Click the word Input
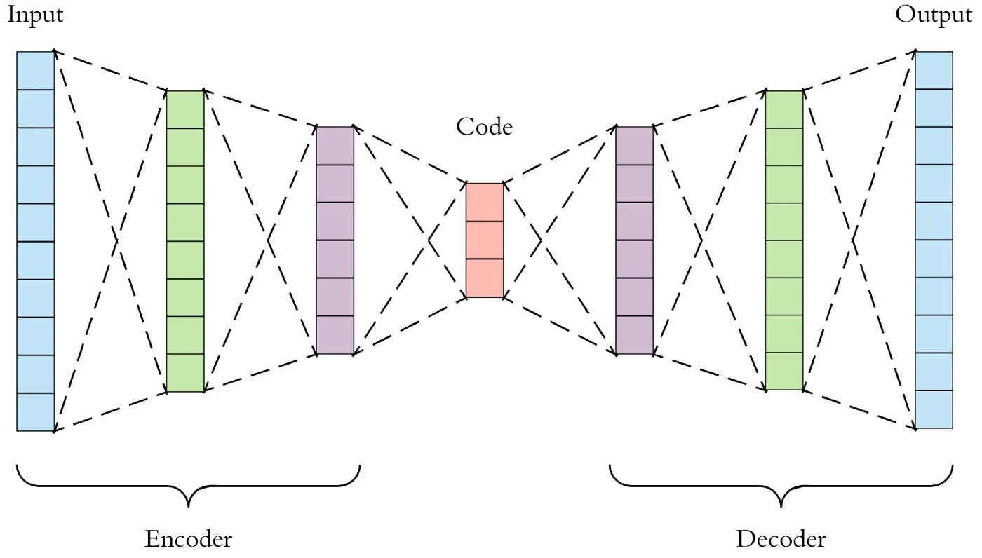tap(35, 15)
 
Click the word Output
tap(934, 15)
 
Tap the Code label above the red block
tap(484, 127)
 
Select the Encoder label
tap(188, 539)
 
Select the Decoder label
tap(781, 539)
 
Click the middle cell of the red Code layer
tap(485, 240)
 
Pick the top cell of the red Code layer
tap(485, 203)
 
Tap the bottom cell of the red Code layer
tap(485, 278)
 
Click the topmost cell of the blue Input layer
tap(35, 71)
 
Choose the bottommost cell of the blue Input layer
tap(35, 412)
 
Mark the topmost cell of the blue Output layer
tap(934, 70)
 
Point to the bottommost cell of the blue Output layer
tap(934, 409)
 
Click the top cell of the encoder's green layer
tap(185, 109)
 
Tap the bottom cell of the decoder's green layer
tap(784, 372)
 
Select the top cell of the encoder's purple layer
tap(335, 146)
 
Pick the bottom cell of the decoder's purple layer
tap(635, 335)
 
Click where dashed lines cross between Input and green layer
tap(116, 240)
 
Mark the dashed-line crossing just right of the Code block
tap(541, 240)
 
